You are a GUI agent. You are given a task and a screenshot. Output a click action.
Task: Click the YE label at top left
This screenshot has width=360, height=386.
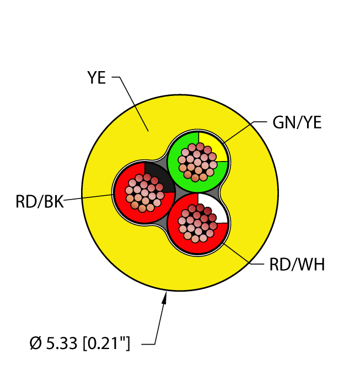pyautogui.click(x=96, y=78)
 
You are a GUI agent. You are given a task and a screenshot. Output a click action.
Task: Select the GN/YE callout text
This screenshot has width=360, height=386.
pyautogui.click(x=297, y=122)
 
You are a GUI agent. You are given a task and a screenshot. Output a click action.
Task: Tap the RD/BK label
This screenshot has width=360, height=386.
pyautogui.click(x=39, y=202)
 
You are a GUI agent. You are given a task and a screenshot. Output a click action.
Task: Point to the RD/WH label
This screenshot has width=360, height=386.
pyautogui.click(x=297, y=265)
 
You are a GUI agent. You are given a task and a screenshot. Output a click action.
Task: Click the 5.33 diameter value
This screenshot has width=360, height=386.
pyautogui.click(x=62, y=343)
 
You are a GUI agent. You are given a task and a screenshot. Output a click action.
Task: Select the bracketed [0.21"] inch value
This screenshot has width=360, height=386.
pyautogui.click(x=106, y=343)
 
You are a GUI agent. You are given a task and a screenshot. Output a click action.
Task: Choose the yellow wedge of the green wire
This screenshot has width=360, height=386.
pyautogui.click(x=212, y=147)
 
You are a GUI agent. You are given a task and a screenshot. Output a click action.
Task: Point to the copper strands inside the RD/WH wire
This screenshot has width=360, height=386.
pyautogui.click(x=198, y=223)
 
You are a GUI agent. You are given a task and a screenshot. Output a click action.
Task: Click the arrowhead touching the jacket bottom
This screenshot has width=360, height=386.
pyautogui.click(x=165, y=297)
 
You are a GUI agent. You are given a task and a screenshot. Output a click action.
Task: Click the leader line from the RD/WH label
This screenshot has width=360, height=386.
pyautogui.click(x=243, y=254)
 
